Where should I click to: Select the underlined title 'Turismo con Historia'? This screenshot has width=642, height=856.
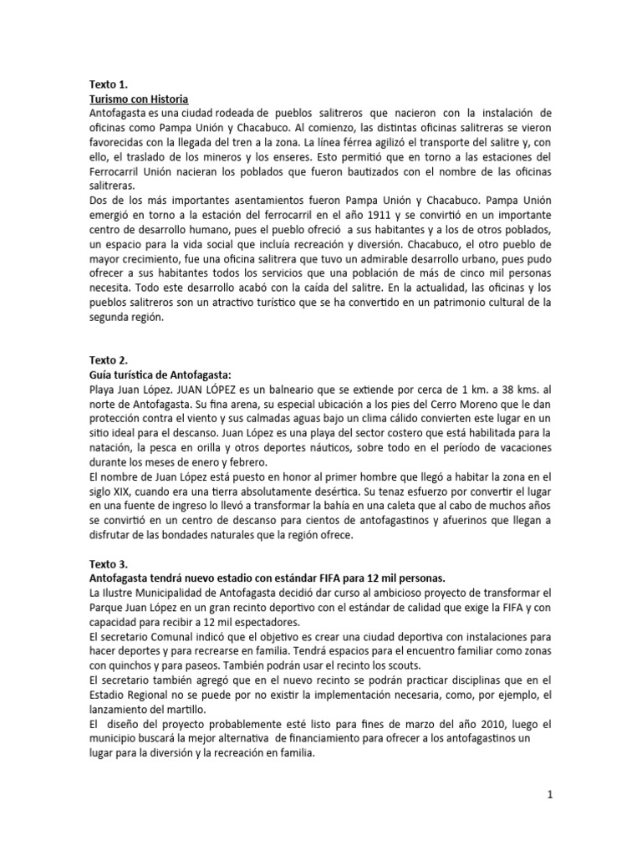point(139,99)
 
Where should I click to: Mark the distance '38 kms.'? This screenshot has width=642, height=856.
point(512,389)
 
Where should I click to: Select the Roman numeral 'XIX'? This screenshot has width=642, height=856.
point(134,492)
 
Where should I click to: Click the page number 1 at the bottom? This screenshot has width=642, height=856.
point(550,796)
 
